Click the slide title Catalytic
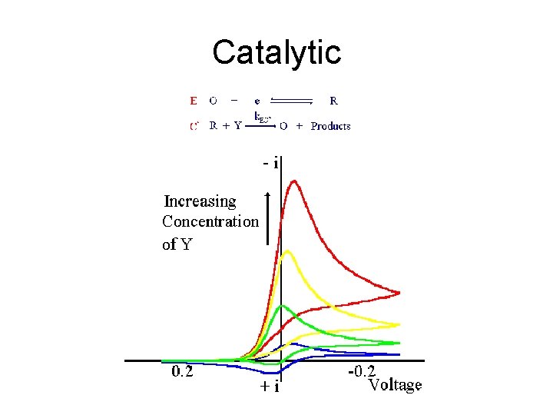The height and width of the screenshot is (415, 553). coord(276,52)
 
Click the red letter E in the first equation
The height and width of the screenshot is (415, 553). coord(193,100)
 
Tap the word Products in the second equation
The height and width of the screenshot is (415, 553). coord(330,126)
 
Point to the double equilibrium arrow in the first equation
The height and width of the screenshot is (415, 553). coord(291,100)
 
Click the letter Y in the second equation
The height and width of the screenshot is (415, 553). coord(237,126)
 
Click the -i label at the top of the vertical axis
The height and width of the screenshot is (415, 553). coord(270,163)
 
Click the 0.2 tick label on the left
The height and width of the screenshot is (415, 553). coord(183,373)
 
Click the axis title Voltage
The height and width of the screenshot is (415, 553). coord(395,384)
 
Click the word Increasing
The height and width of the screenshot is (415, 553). coord(200,201)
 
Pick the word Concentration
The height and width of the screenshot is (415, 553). coord(210,221)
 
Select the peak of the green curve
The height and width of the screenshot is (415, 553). coord(284,306)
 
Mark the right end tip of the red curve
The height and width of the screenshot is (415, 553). coord(399,292)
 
